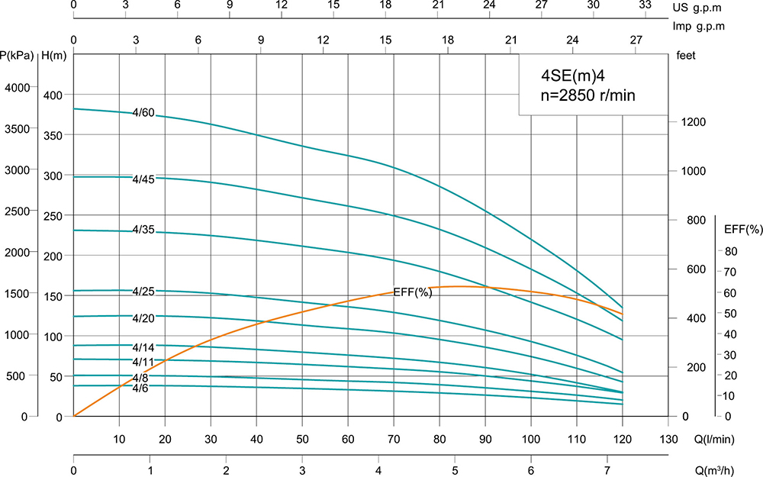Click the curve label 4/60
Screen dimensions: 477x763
[143, 113]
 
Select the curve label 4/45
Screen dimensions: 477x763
[143, 179]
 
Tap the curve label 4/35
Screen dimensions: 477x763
[143, 230]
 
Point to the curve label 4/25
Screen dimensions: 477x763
[143, 291]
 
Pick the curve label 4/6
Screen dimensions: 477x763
[140, 388]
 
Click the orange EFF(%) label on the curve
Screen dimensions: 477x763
[413, 292]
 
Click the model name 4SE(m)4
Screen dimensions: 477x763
[568, 76]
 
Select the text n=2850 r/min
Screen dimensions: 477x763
[588, 96]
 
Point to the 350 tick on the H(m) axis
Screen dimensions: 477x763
[53, 134]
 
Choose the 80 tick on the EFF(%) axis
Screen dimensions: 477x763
[730, 252]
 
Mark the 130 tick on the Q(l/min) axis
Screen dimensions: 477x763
[668, 439]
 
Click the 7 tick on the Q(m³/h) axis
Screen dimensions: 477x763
[607, 469]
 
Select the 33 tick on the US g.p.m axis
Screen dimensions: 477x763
[645, 5]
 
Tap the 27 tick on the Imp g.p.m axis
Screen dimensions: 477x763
[635, 40]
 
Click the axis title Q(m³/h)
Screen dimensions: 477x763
[737, 469]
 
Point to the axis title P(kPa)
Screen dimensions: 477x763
[17, 55]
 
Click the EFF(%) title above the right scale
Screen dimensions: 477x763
[742, 229]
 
